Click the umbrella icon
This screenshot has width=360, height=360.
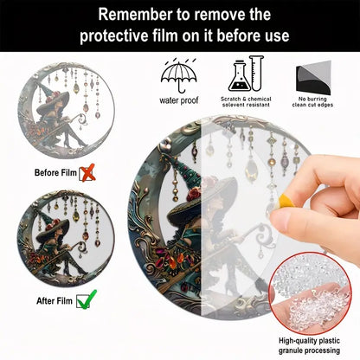point(179,75)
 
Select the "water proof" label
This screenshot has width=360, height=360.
point(179,100)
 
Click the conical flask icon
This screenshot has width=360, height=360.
point(239,76)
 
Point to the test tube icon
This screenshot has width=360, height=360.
point(256,73)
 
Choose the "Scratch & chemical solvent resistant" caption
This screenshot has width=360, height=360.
point(246,102)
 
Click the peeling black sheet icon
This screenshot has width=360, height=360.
point(313,78)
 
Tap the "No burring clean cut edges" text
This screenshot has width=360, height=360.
point(312,102)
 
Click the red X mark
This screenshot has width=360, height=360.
point(87,172)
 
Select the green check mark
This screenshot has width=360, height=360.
point(87,299)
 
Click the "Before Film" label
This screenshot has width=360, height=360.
point(55,173)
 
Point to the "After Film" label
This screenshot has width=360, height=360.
point(55,301)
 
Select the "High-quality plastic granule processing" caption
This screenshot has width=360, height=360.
point(309,345)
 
